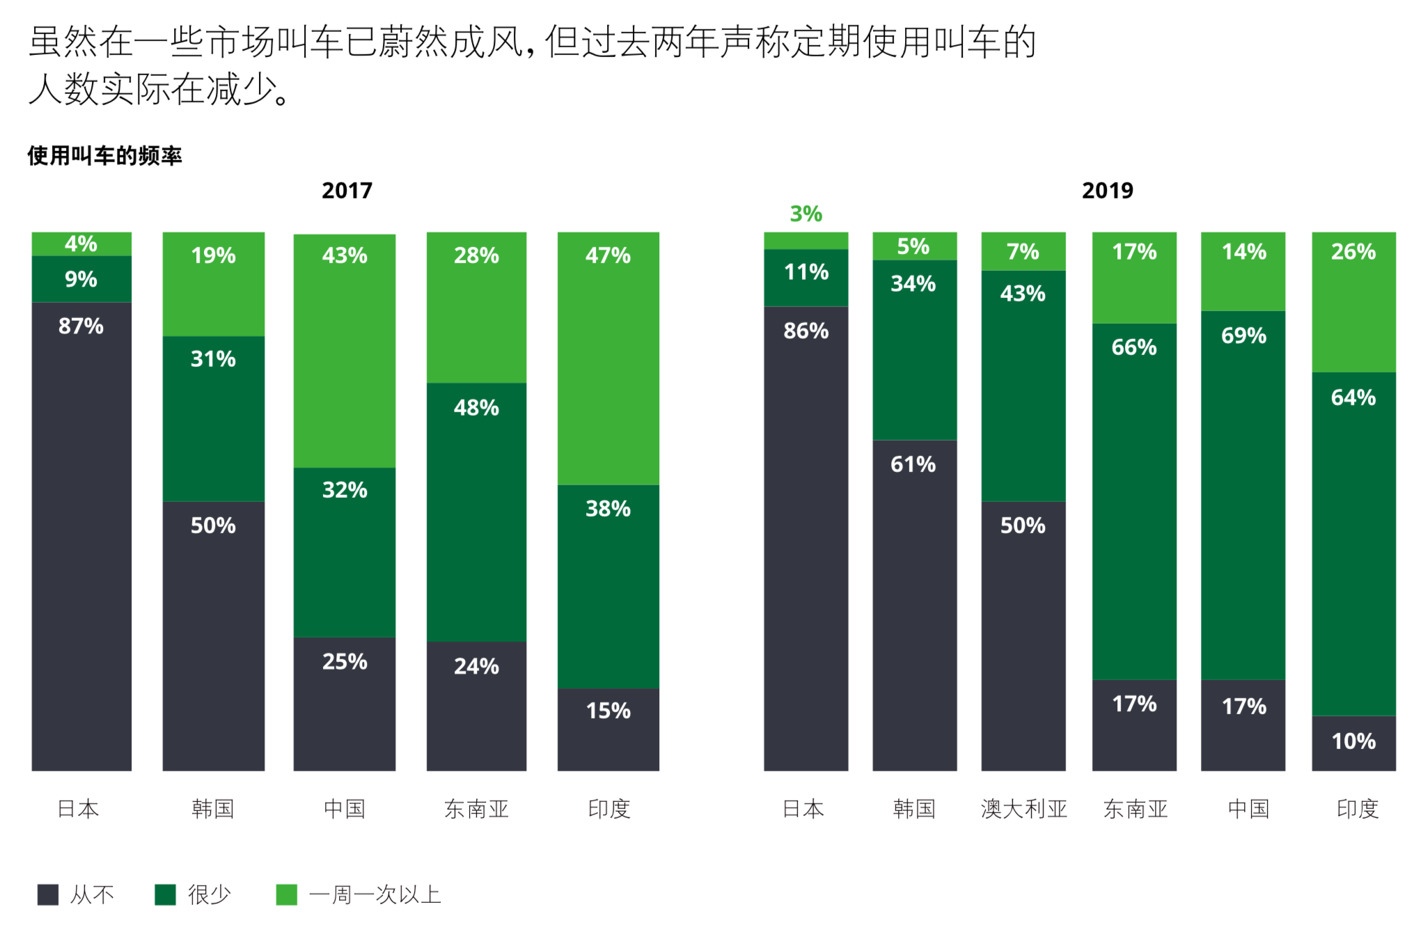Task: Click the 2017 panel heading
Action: [347, 190]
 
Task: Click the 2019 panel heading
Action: [1107, 190]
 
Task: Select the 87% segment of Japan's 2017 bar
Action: [81, 536]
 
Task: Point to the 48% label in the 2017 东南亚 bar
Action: [476, 408]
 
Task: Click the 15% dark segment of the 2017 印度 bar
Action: [608, 729]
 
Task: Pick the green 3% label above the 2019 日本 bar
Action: [805, 214]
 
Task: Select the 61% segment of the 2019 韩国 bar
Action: [914, 604]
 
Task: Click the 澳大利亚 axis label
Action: [1023, 809]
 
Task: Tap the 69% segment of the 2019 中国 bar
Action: [1243, 494]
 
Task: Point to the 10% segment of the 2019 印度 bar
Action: [1353, 743]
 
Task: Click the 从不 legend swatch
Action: [48, 894]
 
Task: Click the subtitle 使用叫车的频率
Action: [104, 155]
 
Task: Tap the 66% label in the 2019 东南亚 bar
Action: [1133, 347]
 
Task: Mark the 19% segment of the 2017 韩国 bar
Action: [213, 284]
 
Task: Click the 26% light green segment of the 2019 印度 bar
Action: [1353, 301]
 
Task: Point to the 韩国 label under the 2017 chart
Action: [212, 809]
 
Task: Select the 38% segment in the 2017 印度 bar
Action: [608, 586]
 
